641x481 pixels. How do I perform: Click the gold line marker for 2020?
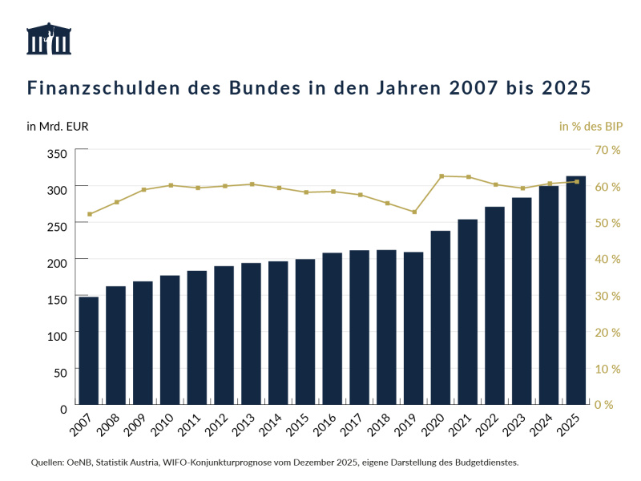click(441, 176)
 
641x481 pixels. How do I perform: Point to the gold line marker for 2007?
click(89, 214)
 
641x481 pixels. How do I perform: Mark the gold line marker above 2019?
click(414, 212)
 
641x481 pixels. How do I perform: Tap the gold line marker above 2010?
click(170, 185)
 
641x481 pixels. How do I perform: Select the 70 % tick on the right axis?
click(607, 150)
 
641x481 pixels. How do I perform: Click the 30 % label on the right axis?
click(607, 296)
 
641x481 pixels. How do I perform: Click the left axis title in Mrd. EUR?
click(57, 126)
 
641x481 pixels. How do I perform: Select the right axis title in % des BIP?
click(591, 126)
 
